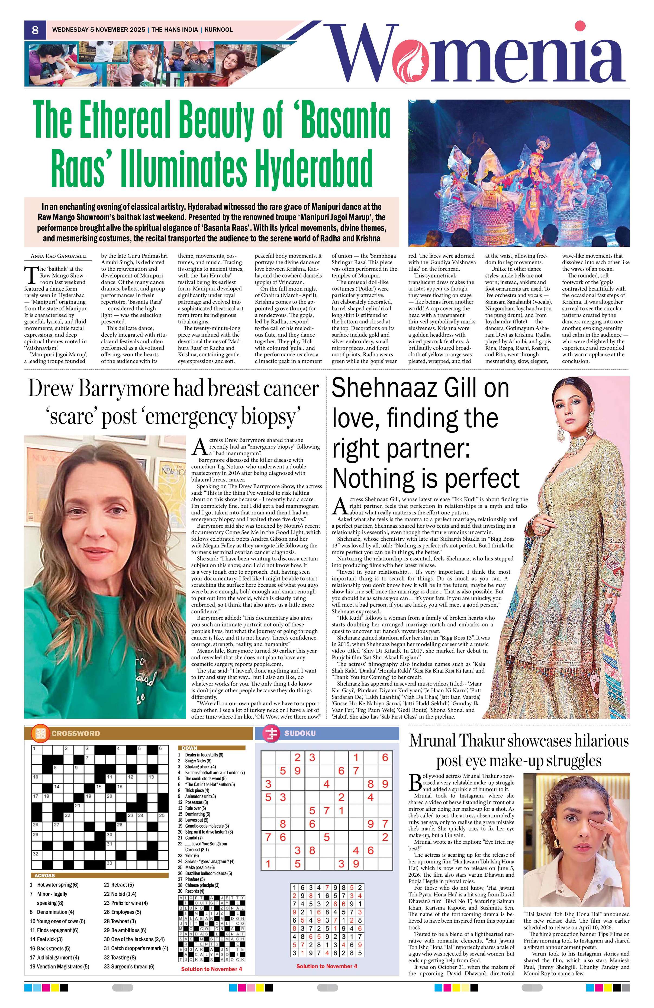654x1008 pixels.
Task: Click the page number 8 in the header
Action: click(35, 30)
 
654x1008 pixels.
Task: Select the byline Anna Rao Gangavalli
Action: click(59, 256)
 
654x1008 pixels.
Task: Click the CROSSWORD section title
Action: click(75, 733)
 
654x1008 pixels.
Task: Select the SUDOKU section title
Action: click(300, 733)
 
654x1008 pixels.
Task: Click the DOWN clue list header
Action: click(189, 748)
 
